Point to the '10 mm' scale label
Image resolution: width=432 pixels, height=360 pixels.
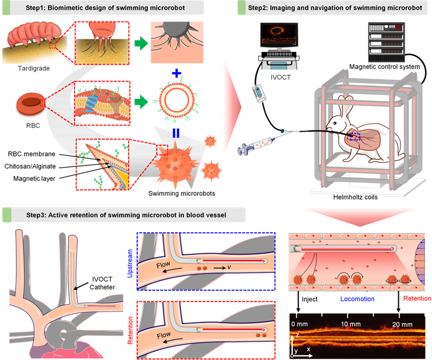coord(350,324)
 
